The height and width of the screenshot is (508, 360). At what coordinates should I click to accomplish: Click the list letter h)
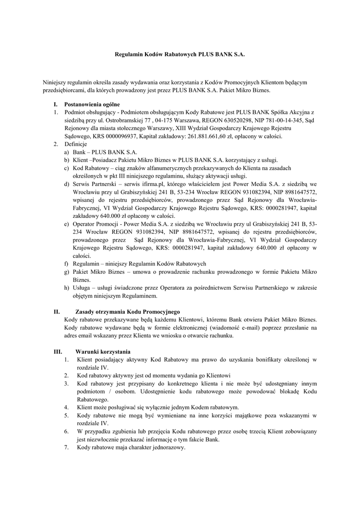tap(67, 288)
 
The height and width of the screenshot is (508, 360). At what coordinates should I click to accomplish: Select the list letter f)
tap(67, 263)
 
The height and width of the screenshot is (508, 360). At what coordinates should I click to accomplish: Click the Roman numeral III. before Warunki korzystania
tap(58, 351)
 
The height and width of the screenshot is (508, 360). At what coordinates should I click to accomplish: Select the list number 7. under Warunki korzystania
tap(66, 447)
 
